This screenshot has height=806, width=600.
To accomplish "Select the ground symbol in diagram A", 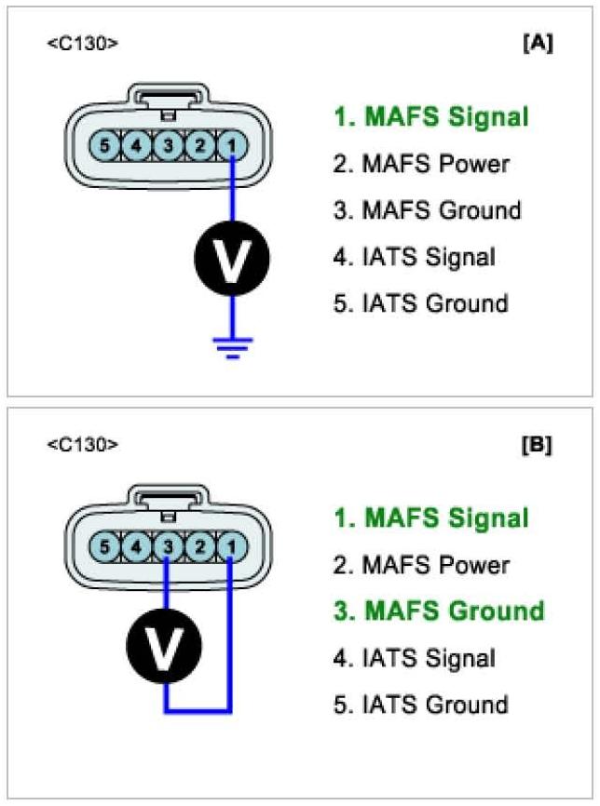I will tap(231, 345).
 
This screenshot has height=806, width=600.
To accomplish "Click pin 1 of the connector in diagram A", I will tap(230, 145).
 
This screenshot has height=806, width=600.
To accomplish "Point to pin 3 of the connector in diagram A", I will tap(167, 145).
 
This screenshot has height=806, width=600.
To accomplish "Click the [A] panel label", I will tap(537, 44).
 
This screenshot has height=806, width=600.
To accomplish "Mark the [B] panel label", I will tap(537, 445).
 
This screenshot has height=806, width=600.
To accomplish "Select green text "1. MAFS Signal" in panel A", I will tap(431, 117).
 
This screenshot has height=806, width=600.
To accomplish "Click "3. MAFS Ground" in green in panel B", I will tap(439, 611).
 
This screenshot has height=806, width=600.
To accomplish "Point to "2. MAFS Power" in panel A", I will tap(421, 164).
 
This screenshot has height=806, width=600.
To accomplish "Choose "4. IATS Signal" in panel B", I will tap(414, 658).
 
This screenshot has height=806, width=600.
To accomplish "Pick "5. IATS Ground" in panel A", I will tap(420, 303).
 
